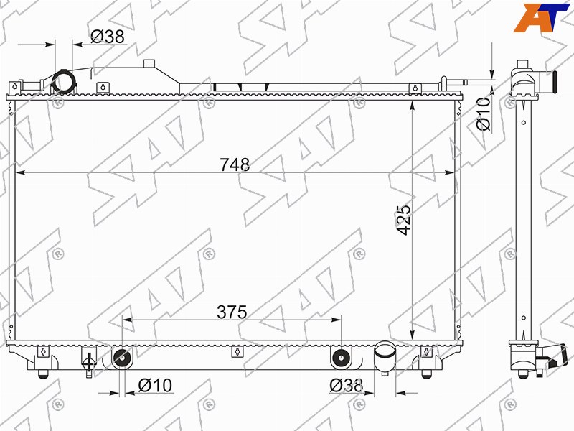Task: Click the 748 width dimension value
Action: tap(235, 164)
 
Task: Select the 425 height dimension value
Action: tap(404, 220)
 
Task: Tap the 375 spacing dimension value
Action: tap(232, 312)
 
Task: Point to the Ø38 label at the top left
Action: tap(108, 37)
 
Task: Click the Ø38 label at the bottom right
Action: tap(347, 385)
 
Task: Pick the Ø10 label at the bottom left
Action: tap(155, 385)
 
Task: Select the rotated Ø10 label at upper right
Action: tap(483, 113)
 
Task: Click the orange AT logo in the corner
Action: tap(541, 17)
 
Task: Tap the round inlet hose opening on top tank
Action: tap(64, 82)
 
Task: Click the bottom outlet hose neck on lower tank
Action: tap(385, 357)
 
